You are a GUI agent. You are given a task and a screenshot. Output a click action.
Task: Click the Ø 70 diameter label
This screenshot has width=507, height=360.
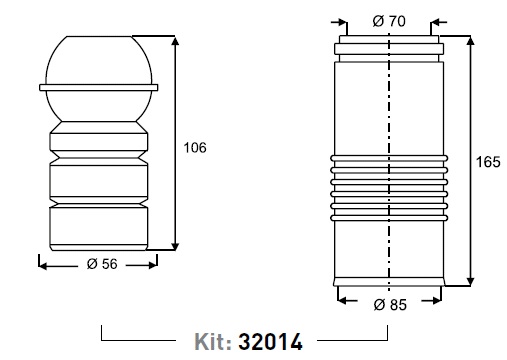pyautogui.click(x=389, y=21)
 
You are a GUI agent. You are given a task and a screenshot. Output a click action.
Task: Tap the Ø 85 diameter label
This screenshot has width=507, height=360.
pyautogui.click(x=390, y=305)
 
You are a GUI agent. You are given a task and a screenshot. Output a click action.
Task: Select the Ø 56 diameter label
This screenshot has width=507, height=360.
pyautogui.click(x=102, y=264)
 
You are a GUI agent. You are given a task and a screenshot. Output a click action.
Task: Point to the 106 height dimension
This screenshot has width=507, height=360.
pyautogui.click(x=195, y=147)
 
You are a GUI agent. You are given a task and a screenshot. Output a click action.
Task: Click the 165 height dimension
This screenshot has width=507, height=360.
pyautogui.click(x=488, y=162)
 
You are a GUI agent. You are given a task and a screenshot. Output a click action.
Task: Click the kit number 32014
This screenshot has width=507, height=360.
pyautogui.click(x=270, y=342)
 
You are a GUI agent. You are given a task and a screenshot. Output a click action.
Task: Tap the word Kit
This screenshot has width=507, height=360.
pyautogui.click(x=213, y=342)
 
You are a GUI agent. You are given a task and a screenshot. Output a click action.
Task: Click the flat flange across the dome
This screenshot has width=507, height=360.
pyautogui.click(x=99, y=87)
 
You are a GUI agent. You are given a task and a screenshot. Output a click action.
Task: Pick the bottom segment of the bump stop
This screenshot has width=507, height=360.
pyautogui.click(x=99, y=228)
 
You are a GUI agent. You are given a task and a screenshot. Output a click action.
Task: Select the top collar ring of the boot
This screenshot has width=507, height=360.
pyautogui.click(x=389, y=49)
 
